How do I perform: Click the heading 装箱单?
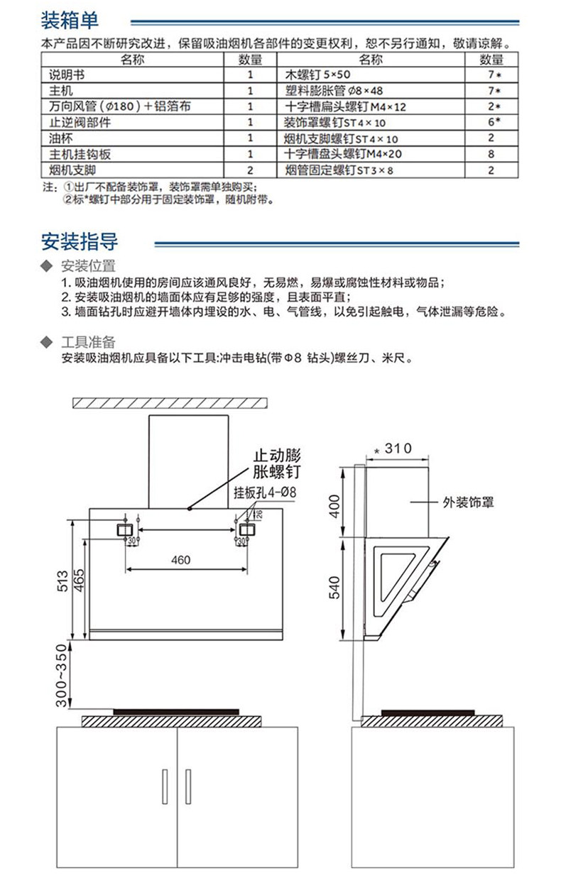[x=70, y=18]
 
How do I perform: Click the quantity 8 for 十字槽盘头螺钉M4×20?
[x=491, y=154]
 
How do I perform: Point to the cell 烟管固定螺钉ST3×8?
[x=334, y=170]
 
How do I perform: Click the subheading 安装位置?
[x=88, y=267]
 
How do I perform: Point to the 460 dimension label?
[x=181, y=560]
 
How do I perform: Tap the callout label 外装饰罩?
[x=468, y=502]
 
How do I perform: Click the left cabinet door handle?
[x=165, y=786]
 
